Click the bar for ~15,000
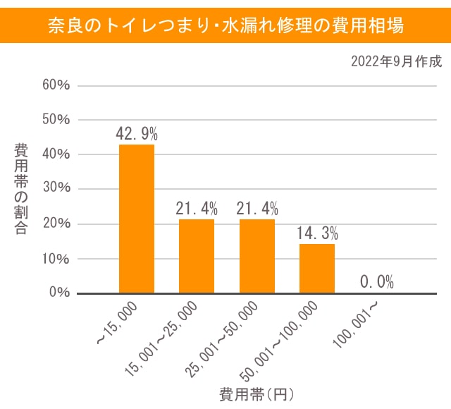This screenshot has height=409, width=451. (137, 219)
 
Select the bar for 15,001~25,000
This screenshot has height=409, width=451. (197, 256)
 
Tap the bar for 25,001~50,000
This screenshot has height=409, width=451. (257, 256)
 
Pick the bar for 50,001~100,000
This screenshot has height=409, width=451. (317, 268)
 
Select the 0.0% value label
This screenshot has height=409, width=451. (377, 282)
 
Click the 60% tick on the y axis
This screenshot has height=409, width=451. (56, 85)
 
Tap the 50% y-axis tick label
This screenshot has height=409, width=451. (56, 120)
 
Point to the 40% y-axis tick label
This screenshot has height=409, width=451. (56, 154)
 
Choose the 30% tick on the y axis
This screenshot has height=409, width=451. (56, 189)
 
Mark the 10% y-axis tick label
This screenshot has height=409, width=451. (56, 258)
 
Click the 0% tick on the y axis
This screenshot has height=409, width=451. (59, 293)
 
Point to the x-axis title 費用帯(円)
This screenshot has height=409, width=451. (257, 393)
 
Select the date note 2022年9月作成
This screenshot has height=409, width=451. (396, 61)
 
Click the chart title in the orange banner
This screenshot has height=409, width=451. (225, 26)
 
